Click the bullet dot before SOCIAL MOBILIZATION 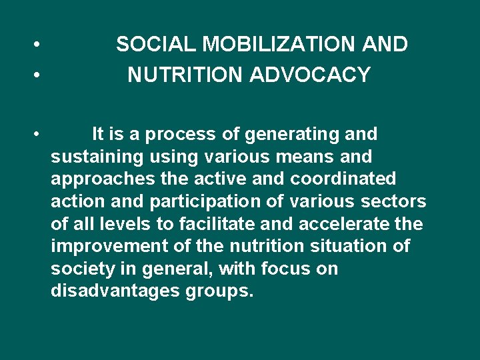(x=40, y=45)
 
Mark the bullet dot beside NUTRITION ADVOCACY (x=40, y=76)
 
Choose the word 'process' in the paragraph (x=181, y=134)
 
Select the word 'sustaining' (x=97, y=157)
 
